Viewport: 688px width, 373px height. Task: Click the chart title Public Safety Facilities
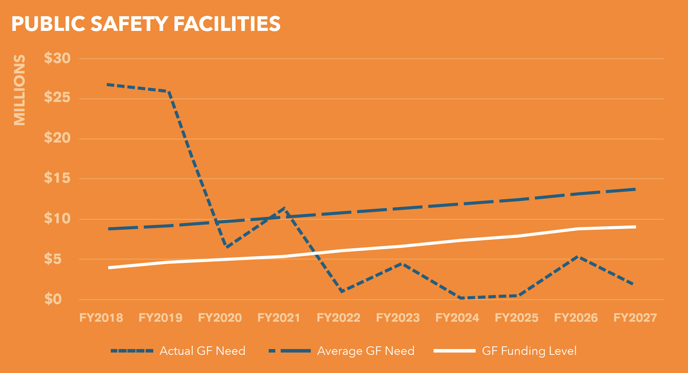(146, 24)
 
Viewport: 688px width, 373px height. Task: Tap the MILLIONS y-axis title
(19, 90)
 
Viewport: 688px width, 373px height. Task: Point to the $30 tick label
(57, 58)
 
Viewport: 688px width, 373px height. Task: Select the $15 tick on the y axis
(57, 178)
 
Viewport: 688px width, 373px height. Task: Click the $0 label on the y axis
(53, 299)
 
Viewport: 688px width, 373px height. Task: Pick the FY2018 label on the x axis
(101, 318)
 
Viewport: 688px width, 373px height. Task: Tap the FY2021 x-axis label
(279, 318)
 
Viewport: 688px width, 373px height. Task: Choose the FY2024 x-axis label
(457, 318)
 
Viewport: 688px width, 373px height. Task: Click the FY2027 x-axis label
(635, 318)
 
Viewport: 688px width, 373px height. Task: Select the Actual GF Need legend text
(202, 351)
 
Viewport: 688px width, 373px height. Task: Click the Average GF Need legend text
(366, 351)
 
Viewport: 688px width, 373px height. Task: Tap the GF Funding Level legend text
(529, 351)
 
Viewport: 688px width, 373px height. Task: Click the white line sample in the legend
(454, 351)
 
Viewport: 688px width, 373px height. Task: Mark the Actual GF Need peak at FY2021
(285, 208)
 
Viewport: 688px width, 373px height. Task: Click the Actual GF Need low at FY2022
(342, 292)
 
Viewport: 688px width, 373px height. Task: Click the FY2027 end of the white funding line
(634, 227)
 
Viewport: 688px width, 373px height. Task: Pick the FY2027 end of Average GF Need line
(634, 189)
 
